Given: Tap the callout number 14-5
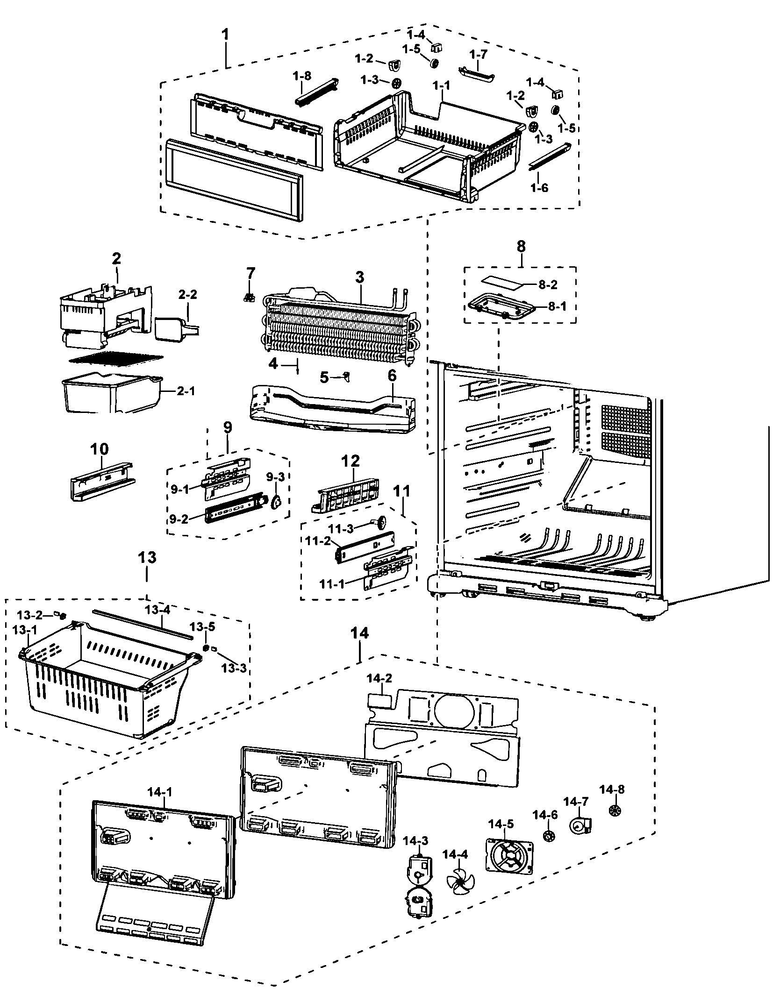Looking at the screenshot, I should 501,824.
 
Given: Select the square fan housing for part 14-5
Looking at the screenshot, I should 509,855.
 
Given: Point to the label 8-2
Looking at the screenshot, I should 547,285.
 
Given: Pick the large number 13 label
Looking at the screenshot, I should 147,557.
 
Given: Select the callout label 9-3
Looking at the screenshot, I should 275,477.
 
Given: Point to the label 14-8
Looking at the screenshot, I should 612,789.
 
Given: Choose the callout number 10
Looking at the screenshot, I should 99,449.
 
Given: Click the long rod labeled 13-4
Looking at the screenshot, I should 143,625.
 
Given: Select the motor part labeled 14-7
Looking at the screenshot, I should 580,826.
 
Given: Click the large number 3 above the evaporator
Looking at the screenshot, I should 359,277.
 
